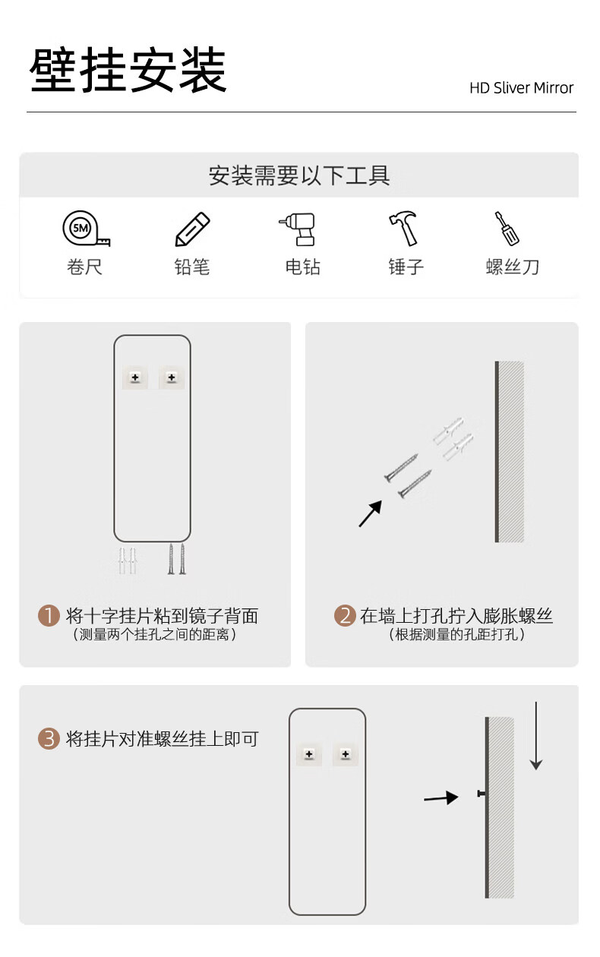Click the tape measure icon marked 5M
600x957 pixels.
[x=86, y=229]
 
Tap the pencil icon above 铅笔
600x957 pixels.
[x=193, y=229]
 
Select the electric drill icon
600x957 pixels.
[x=298, y=229]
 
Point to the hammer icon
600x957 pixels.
[x=404, y=228]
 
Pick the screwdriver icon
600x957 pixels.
[x=507, y=229]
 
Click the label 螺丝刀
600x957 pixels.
[x=513, y=267]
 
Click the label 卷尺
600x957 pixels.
[x=84, y=267]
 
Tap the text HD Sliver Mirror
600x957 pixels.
[x=521, y=88]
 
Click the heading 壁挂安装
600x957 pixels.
[x=128, y=70]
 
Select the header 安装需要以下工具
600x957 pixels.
[x=299, y=175]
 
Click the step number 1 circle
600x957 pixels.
[x=49, y=616]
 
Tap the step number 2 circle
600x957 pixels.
[x=345, y=616]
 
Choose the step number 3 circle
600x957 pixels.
[x=49, y=739]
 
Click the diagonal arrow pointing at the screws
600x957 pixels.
[x=371, y=513]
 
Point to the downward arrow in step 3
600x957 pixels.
[x=536, y=735]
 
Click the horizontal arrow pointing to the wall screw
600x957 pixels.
[x=441, y=797]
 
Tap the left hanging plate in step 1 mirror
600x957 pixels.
[x=135, y=377]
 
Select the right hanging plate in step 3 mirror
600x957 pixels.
[x=346, y=754]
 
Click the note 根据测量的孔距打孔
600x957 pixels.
[x=457, y=634]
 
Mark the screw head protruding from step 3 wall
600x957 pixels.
[x=482, y=794]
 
